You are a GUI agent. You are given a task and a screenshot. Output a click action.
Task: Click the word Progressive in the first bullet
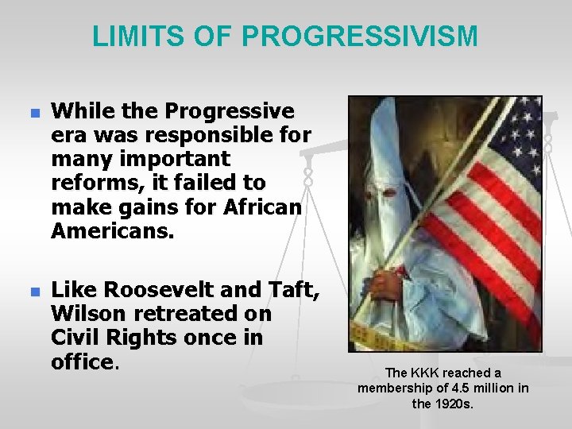coord(230,112)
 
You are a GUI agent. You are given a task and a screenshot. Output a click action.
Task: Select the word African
coord(265,207)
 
